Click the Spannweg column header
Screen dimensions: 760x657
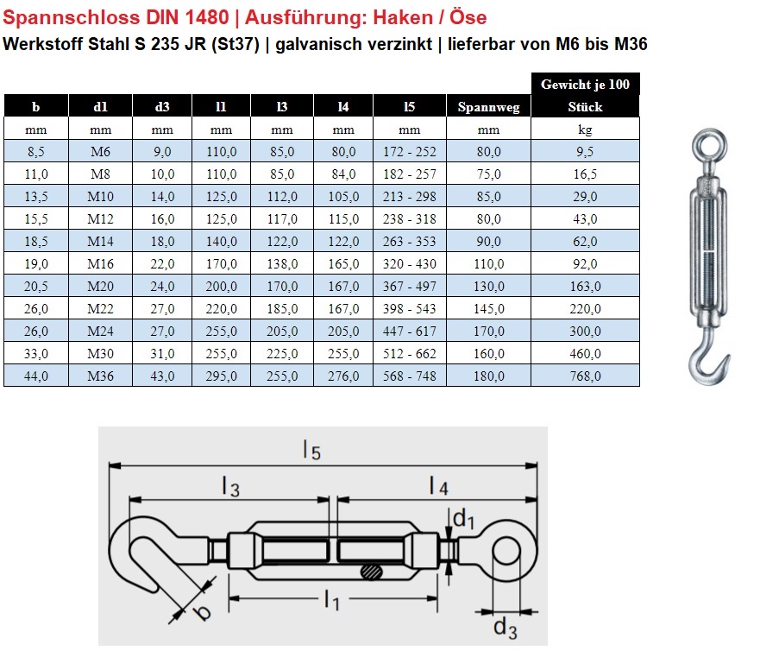click(488, 107)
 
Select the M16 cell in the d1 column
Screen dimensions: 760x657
click(100, 264)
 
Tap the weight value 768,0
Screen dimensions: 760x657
click(585, 376)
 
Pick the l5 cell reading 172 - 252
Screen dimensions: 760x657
click(410, 152)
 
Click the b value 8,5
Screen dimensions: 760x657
click(36, 152)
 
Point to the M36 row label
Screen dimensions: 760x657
click(100, 376)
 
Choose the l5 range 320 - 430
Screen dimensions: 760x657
click(410, 264)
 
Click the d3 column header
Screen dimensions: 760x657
click(162, 107)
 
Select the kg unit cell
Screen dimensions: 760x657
click(585, 130)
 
